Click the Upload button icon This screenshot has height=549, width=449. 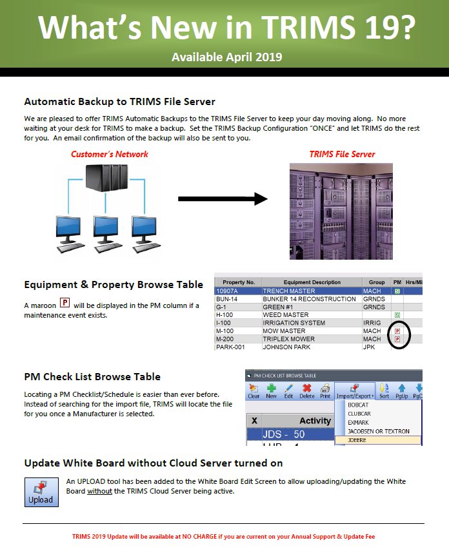41,492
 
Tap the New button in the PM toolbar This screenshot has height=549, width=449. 271,390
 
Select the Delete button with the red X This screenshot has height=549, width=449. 307,390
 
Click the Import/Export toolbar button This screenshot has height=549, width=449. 355,390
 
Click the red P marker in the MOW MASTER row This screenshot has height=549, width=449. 397,331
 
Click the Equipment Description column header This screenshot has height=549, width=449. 312,282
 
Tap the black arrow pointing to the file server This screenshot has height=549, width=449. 223,199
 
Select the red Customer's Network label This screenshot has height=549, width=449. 110,154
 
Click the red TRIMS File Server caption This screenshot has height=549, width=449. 342,154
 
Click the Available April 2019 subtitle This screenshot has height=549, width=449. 226,57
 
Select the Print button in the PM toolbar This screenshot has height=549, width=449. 325,390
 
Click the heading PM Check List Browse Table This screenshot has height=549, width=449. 92,377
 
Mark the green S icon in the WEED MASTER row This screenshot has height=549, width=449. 397,315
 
